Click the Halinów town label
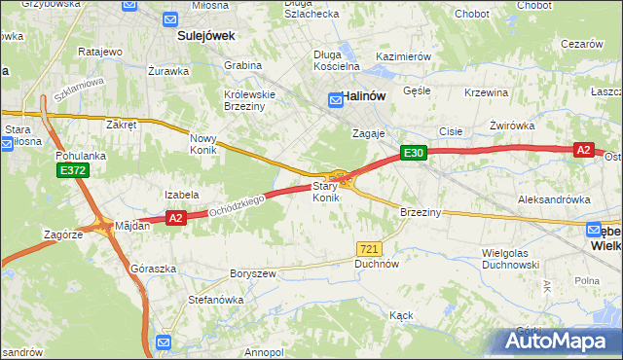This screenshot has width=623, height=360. [366, 96]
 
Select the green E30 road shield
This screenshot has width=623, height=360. [414, 153]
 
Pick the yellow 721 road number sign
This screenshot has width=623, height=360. [368, 249]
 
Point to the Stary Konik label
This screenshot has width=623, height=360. [325, 192]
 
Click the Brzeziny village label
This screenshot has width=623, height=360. [421, 211]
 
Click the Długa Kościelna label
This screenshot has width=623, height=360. [336, 60]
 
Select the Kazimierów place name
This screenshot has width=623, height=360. [402, 57]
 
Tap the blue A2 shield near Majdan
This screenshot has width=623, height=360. [175, 219]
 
